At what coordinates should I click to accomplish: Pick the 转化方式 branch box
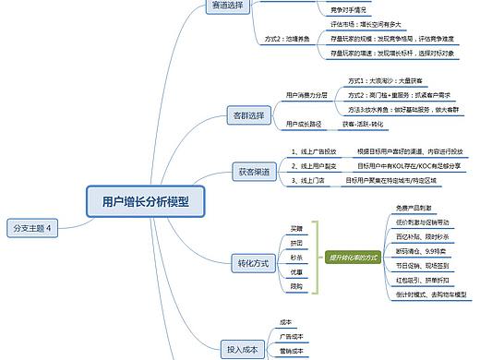pos(249,264)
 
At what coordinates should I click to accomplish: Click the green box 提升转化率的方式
pos(354,257)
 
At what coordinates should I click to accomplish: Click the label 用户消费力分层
pos(307,94)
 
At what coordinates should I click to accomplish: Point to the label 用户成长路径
pos(304,123)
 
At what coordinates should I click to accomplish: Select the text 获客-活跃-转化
pos(363,123)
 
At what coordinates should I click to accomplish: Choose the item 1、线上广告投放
pos(314,150)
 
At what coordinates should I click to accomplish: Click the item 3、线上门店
pos(306,180)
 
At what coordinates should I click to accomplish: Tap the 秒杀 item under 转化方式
pos(296,257)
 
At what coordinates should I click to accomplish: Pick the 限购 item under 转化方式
pos(296,286)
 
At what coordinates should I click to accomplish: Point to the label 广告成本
pos(292,337)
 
